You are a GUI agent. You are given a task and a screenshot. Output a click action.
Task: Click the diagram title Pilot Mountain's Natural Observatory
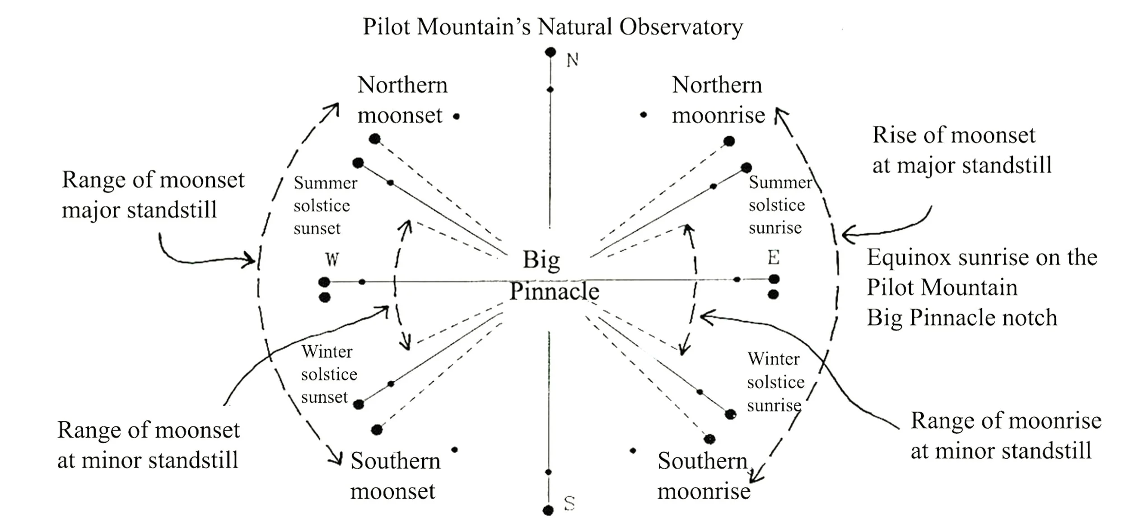tap(552, 27)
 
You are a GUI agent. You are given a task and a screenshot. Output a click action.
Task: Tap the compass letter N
tap(572, 60)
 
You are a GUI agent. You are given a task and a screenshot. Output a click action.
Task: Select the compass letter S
tap(569, 503)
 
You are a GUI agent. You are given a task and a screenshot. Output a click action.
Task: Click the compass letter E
tap(773, 258)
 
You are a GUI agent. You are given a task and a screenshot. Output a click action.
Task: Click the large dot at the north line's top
tap(550, 52)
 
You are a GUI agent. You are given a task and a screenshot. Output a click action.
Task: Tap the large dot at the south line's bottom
tap(548, 510)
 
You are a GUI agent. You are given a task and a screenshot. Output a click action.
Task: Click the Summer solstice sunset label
tap(325, 206)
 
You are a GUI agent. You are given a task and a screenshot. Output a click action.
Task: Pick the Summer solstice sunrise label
tap(779, 205)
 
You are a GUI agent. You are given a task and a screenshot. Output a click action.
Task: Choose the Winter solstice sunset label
tap(328, 375)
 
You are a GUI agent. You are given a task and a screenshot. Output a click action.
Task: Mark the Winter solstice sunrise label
tap(775, 382)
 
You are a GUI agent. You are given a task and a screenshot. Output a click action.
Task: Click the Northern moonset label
tap(402, 100)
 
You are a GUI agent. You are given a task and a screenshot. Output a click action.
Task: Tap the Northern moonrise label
tap(718, 100)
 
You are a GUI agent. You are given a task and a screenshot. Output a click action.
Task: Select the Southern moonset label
tap(395, 476)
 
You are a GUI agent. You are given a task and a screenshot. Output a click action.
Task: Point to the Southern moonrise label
tap(703, 476)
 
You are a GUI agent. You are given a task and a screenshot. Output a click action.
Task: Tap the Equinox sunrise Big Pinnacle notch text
tap(982, 287)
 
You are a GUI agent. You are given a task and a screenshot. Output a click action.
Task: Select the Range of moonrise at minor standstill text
tap(1005, 436)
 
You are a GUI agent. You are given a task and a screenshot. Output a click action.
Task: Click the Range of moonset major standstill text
tap(153, 195)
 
